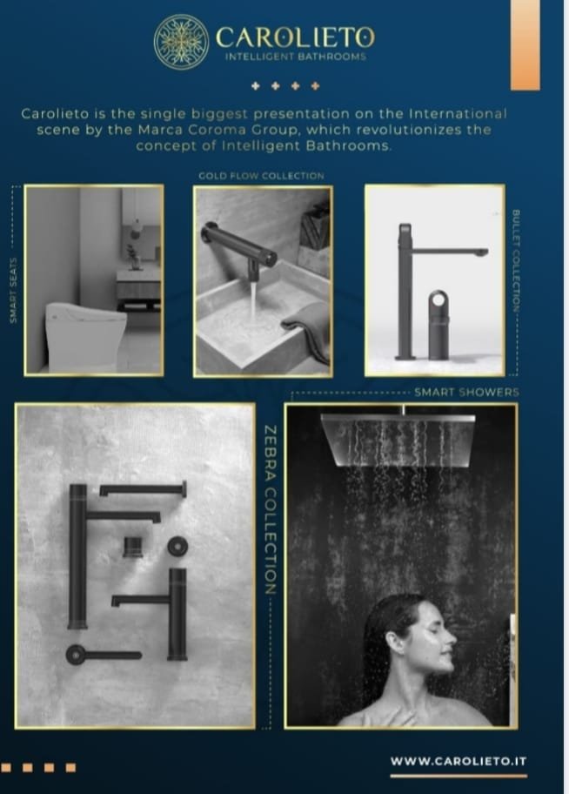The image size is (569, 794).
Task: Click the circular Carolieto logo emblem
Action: point(181,41)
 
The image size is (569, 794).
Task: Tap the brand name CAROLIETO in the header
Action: point(296,37)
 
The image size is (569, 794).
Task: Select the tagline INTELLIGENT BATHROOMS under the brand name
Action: point(296,57)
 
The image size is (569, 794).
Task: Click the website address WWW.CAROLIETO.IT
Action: point(459,761)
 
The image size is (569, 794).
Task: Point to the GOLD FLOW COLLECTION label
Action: point(261,176)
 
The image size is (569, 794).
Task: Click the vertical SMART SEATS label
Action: point(14,290)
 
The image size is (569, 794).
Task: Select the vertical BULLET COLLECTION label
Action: point(516,261)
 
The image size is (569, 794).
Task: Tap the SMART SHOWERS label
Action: point(466,392)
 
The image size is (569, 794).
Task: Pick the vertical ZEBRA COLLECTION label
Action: point(271,510)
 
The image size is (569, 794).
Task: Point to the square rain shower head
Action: point(398,438)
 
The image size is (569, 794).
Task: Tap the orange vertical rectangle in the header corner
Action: point(525,45)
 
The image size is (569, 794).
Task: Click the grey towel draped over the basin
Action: point(308,329)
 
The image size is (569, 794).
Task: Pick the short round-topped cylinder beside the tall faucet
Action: point(438,325)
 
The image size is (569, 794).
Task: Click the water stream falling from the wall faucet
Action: point(252,299)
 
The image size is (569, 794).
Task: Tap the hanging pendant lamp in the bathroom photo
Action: point(136,229)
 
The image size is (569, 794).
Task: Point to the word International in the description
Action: point(458,113)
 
